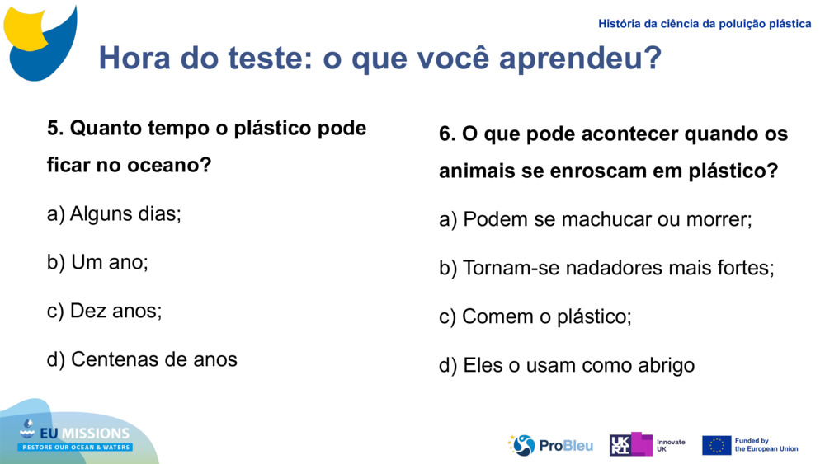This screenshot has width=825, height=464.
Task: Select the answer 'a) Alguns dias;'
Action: [114, 214]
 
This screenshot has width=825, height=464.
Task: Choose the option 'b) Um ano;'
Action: [97, 263]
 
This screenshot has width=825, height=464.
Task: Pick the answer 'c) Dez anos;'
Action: [105, 311]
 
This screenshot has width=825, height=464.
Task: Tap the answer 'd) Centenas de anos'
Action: [142, 359]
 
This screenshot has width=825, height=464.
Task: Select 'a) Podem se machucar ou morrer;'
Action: [595, 220]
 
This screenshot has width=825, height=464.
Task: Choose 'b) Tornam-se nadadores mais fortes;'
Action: [606, 269]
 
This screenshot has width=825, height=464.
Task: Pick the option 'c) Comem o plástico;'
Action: [535, 316]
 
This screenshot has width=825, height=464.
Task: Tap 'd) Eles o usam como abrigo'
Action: [566, 365]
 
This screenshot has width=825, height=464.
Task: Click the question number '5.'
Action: [55, 129]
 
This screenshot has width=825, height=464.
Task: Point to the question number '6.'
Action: [447, 134]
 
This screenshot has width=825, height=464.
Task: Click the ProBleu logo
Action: [550, 445]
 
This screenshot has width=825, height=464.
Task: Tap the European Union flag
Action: [716, 445]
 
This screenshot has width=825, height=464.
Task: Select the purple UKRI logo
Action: [630, 444]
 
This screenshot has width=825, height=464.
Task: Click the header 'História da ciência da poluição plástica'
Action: [705, 24]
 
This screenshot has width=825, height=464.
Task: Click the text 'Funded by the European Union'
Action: [766, 445]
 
